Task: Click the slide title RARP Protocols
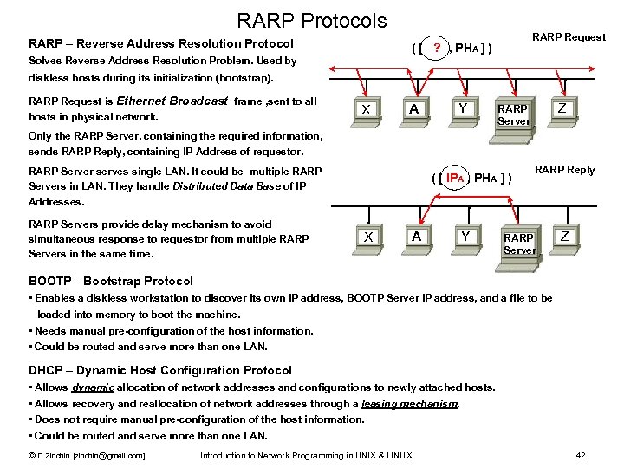click(x=312, y=19)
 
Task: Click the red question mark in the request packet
click(x=439, y=48)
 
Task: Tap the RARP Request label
click(x=569, y=37)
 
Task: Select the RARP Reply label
click(x=565, y=170)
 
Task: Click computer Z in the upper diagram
click(x=562, y=110)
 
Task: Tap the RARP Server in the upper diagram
click(x=513, y=115)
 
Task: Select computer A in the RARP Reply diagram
click(x=417, y=237)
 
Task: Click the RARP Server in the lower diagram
click(x=519, y=244)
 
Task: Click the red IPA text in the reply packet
click(x=456, y=179)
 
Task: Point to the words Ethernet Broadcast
click(x=172, y=101)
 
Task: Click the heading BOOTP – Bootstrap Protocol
click(x=111, y=281)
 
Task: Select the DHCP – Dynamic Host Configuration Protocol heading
click(x=160, y=370)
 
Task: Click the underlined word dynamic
click(x=93, y=387)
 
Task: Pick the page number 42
click(x=581, y=456)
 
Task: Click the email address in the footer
click(x=107, y=456)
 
